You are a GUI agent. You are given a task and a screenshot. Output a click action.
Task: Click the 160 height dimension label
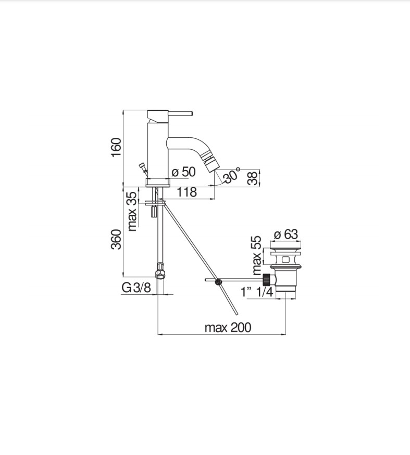click(x=116, y=147)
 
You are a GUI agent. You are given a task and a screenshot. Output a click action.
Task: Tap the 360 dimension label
click(x=116, y=239)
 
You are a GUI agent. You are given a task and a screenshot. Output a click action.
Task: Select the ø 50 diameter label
click(x=184, y=172)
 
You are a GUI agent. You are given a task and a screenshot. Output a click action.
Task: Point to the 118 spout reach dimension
click(x=187, y=192)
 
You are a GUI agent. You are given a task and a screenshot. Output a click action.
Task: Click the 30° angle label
click(x=231, y=175)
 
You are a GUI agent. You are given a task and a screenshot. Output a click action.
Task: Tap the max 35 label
click(x=132, y=211)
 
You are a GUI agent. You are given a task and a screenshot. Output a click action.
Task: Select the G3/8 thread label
click(x=136, y=288)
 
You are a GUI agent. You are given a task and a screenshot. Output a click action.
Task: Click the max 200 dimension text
click(x=228, y=328)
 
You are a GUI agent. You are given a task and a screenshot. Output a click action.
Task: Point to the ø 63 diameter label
click(x=286, y=234)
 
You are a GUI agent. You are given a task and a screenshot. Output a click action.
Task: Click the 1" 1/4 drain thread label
click(x=257, y=292)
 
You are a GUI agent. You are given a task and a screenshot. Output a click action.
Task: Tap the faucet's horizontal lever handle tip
click(x=191, y=113)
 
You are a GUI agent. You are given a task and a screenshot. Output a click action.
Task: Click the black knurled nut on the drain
click(x=266, y=279)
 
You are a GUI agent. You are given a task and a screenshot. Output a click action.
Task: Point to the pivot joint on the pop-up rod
click(x=218, y=281)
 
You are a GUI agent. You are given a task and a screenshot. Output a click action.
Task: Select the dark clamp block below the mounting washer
click(x=154, y=211)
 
